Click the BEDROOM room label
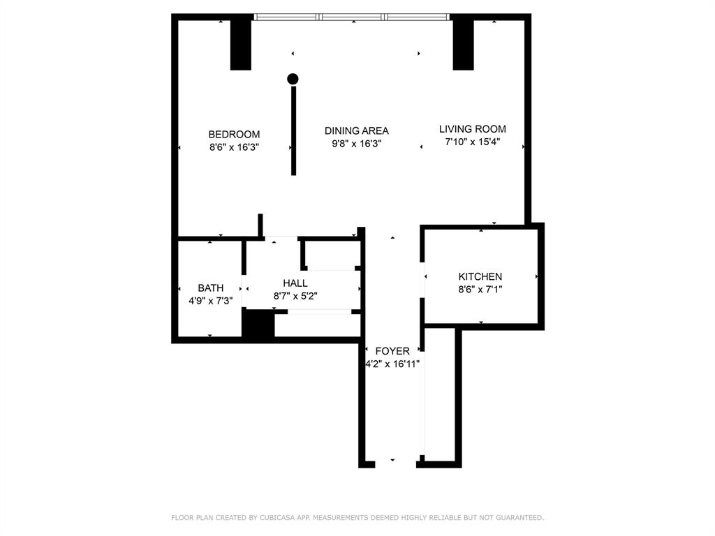pos(234,134)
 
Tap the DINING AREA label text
pos(356,131)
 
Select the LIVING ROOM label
pos(472,129)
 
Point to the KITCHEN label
pos(480,276)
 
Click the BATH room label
pos(210,288)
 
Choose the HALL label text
pos(295,283)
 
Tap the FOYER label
pos(392,351)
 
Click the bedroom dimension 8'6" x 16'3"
pos(234,147)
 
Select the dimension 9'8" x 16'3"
pos(356,144)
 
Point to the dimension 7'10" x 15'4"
pos(472,142)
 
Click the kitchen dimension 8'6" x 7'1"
pos(480,289)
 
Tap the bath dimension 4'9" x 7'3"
pos(210,301)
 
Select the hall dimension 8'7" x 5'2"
pos(295,296)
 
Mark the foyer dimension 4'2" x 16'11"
pos(392,364)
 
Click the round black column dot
pos(293,79)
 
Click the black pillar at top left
pos(241,43)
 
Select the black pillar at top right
pos(463,43)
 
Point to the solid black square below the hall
pos(258,325)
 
